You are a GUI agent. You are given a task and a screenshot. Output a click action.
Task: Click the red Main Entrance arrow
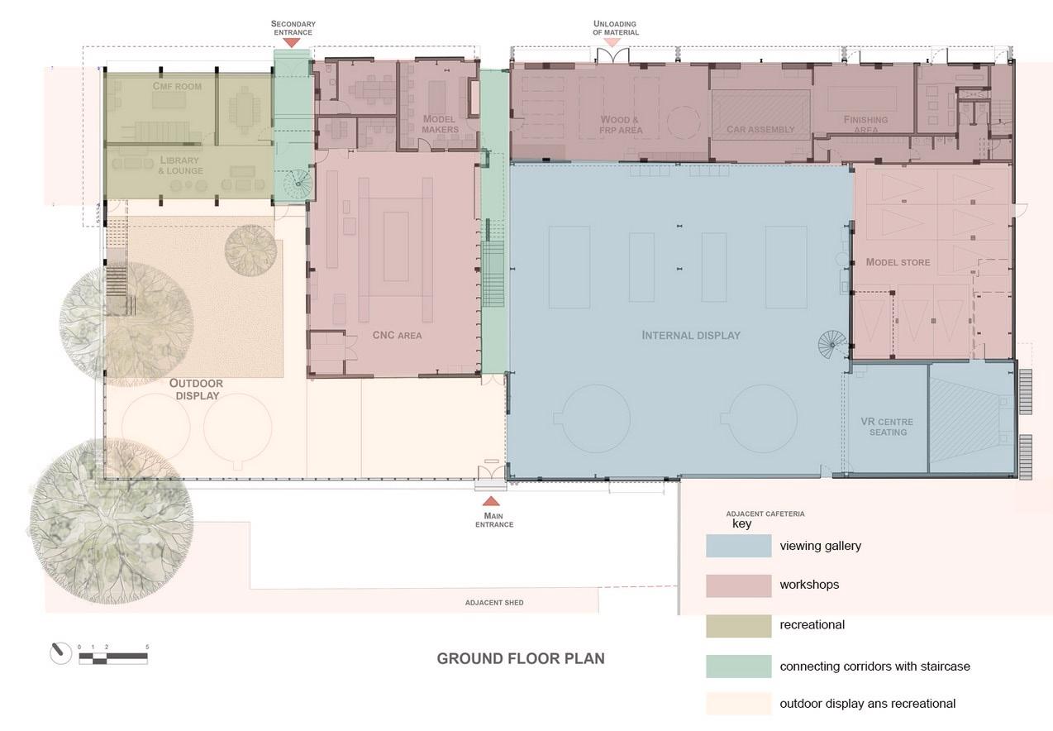click(491, 501)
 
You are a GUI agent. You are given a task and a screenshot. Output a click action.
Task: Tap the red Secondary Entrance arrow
click(292, 43)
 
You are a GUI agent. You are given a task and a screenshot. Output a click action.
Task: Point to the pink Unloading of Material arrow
click(612, 43)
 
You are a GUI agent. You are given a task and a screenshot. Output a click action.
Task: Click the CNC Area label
click(398, 336)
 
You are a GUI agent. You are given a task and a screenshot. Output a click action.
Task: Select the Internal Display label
click(691, 336)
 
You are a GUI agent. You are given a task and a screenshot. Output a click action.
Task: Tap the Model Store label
click(898, 262)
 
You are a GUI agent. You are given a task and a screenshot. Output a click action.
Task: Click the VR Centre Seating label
click(887, 427)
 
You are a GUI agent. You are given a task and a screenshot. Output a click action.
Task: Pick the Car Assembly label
click(760, 129)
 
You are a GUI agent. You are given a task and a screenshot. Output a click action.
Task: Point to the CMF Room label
click(177, 87)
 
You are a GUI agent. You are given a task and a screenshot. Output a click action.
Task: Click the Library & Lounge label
click(180, 165)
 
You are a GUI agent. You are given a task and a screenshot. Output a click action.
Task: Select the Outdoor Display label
click(197, 389)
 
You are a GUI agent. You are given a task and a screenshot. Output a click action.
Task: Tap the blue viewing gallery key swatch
click(739, 546)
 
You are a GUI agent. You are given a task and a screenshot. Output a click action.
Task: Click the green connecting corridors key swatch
click(739, 666)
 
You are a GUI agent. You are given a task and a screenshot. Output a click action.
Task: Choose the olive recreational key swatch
click(739, 626)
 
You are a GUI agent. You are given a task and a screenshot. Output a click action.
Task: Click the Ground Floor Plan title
click(521, 658)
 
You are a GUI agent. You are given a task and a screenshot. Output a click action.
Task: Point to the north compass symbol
click(60, 653)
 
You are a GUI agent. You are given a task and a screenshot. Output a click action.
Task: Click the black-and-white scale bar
click(113, 658)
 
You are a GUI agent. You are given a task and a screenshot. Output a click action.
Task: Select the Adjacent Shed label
click(494, 603)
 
